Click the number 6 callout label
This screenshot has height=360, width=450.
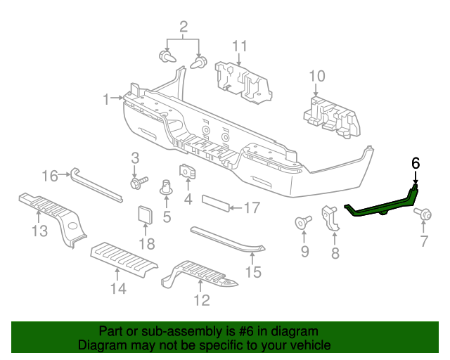(415, 162)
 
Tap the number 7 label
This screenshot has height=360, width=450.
(424, 243)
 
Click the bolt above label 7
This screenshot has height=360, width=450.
(423, 213)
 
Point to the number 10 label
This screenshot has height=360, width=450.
(316, 76)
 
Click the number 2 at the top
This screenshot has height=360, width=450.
(184, 27)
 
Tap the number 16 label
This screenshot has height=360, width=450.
(50, 176)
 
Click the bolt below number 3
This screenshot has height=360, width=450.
(136, 183)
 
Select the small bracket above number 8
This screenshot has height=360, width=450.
(330, 216)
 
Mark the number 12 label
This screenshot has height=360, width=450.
(201, 302)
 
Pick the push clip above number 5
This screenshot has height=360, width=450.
(167, 188)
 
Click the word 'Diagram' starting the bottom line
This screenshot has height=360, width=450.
(102, 345)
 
